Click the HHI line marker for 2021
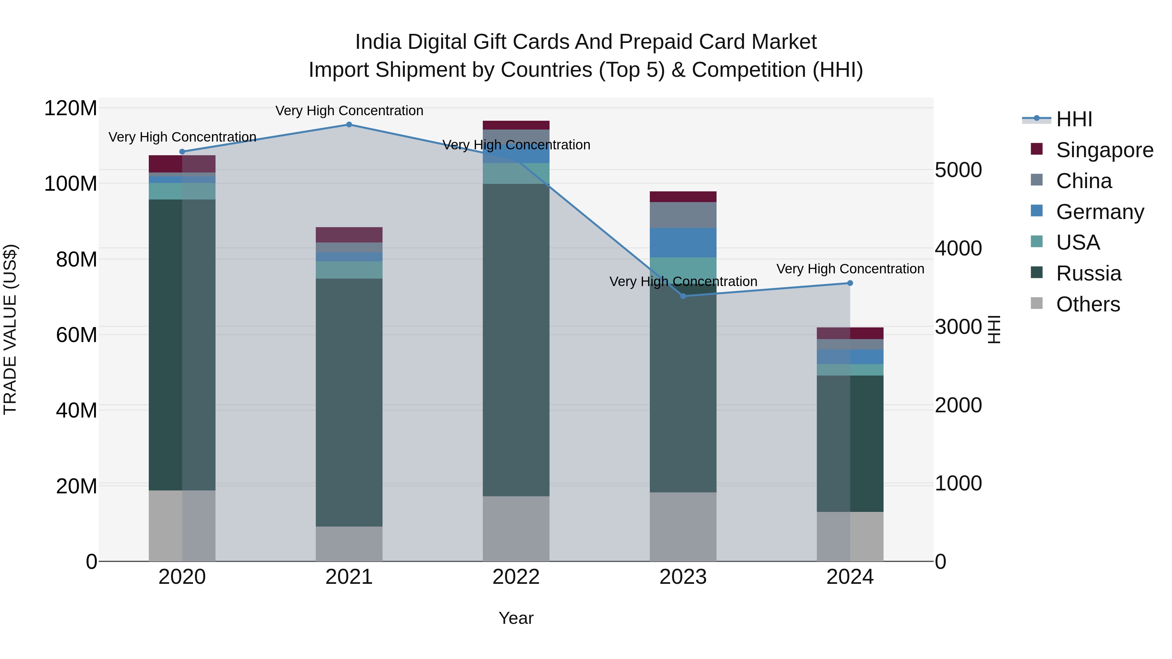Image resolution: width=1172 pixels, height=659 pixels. (x=349, y=125)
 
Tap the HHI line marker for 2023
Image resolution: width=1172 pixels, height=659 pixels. (x=683, y=296)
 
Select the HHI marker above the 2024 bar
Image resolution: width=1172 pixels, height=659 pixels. (x=850, y=283)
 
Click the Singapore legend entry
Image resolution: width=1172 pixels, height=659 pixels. (x=1104, y=150)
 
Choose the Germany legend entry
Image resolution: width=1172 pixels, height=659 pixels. (x=1100, y=212)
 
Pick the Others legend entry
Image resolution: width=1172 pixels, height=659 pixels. (x=1088, y=304)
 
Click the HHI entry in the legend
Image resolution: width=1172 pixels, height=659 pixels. (x=1074, y=119)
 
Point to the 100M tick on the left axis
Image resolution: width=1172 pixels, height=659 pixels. (x=71, y=184)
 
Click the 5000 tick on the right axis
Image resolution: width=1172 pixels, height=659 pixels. (x=958, y=170)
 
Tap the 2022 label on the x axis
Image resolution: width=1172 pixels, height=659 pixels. (x=516, y=577)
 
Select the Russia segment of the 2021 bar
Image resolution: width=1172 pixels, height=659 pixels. (x=349, y=403)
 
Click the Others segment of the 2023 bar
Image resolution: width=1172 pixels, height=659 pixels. (x=683, y=527)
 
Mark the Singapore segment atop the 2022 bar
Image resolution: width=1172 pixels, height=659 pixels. (x=516, y=125)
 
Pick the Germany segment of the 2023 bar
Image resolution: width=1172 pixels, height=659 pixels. (x=683, y=242)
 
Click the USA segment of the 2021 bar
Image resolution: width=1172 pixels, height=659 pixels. (x=349, y=270)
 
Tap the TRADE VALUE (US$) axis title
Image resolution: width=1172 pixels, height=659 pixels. (x=10, y=329)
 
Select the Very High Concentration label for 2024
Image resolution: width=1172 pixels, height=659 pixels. (x=850, y=269)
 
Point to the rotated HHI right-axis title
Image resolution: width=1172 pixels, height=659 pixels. (x=995, y=329)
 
